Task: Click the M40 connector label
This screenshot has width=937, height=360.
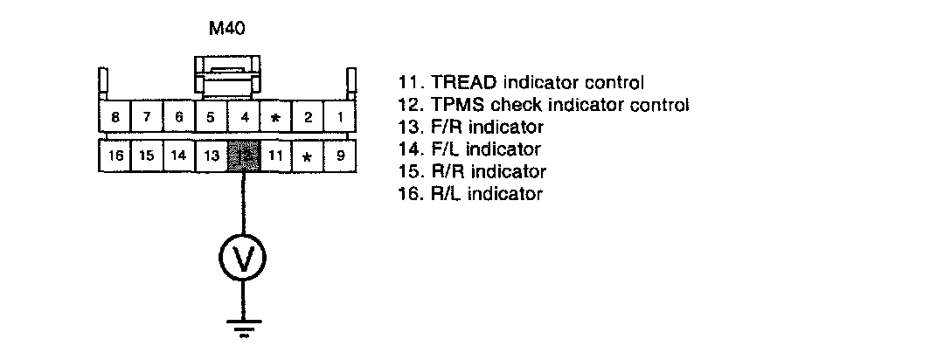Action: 226,28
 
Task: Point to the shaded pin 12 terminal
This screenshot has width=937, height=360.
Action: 242,156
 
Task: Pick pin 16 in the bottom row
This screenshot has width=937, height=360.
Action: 115,156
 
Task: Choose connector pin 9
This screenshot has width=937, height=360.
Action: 339,156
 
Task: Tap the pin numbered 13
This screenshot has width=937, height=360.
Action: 211,156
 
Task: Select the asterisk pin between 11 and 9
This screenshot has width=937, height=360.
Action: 307,156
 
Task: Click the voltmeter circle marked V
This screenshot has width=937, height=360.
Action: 242,257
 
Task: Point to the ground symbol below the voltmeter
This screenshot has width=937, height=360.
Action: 242,327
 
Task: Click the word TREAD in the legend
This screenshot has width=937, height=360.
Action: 462,84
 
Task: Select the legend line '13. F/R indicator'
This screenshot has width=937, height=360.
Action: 470,128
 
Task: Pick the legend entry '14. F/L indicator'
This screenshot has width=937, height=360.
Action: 469,149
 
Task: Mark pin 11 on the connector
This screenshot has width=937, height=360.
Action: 274,156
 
